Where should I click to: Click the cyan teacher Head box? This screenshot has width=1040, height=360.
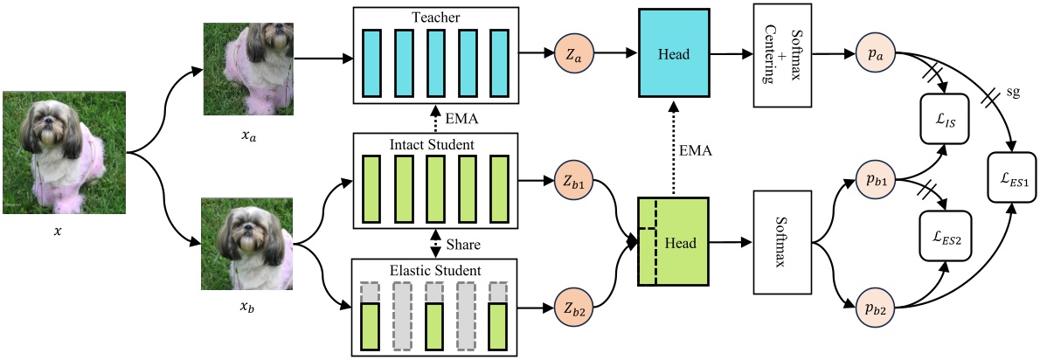(x=675, y=54)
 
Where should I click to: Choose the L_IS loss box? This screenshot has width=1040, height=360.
(x=946, y=120)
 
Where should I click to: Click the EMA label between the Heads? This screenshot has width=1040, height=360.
(x=697, y=151)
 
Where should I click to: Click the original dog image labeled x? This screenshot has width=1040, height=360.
(x=65, y=153)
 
